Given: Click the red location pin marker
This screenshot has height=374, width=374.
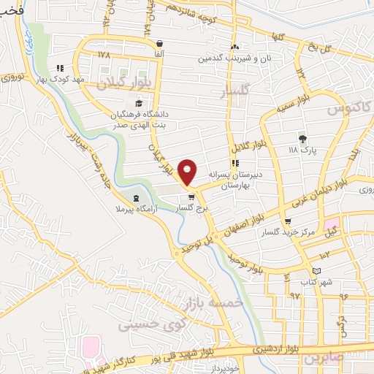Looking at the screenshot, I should pyautogui.click(x=188, y=171).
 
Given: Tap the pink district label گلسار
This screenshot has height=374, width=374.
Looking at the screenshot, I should pyautogui.click(x=236, y=91).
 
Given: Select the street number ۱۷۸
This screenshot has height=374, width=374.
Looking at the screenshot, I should pyautogui.click(x=102, y=55).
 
